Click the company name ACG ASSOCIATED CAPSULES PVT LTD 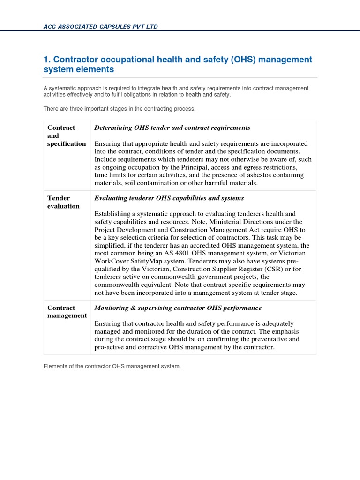point(100,27)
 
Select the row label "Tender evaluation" point(63,202)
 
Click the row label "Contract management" point(67,312)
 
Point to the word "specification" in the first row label point(67,143)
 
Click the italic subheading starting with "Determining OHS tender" point(172,127)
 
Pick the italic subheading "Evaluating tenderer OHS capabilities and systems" point(169,198)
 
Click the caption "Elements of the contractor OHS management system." point(112,366)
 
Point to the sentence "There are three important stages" point(119,109)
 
